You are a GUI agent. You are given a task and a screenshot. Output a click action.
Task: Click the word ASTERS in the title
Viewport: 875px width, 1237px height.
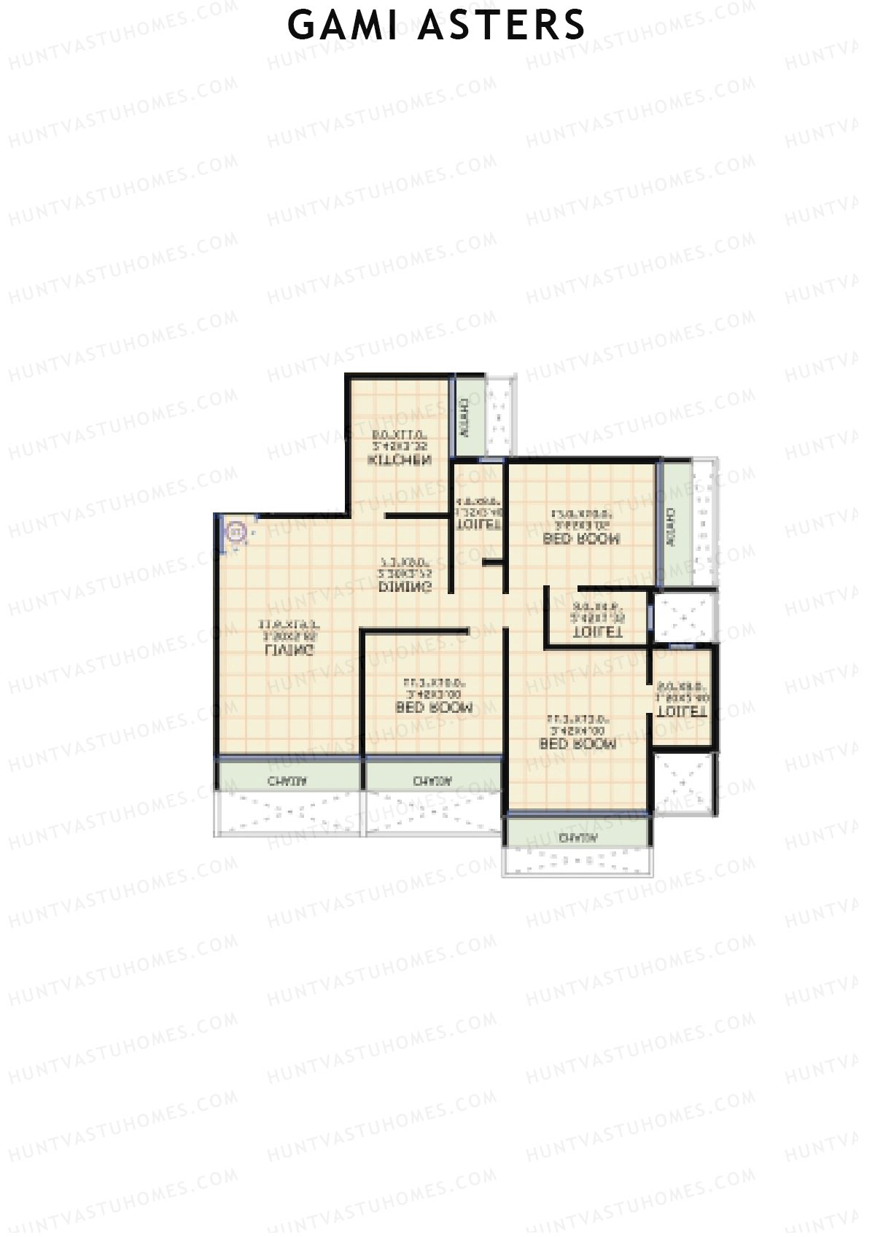(502, 25)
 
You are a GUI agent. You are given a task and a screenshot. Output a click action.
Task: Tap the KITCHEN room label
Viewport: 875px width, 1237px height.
(400, 461)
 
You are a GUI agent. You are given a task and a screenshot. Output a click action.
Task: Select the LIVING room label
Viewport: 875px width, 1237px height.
(290, 649)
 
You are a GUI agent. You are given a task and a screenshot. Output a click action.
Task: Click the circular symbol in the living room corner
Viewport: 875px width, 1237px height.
(236, 532)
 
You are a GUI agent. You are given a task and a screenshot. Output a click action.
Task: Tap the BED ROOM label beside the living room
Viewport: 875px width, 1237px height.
(434, 708)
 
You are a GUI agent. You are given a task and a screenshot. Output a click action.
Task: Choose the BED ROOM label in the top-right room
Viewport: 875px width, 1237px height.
(582, 539)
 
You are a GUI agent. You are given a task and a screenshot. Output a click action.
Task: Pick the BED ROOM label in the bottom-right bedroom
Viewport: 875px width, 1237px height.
(577, 744)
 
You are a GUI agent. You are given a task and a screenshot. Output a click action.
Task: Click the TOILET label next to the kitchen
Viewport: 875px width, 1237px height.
(478, 524)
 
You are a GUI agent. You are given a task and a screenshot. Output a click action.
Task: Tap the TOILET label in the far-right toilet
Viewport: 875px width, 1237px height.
(682, 712)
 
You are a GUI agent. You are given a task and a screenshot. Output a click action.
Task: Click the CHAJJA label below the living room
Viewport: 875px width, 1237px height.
(287, 781)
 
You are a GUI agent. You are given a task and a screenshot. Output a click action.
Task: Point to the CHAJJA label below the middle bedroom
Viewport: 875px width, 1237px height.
(432, 781)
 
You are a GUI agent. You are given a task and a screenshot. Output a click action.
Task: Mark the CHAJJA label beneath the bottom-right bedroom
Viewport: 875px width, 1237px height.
(578, 838)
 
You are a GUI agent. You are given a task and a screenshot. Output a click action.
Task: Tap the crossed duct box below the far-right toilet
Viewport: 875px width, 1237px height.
(683, 784)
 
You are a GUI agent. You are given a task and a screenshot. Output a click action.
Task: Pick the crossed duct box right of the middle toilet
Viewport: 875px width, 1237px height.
(683, 618)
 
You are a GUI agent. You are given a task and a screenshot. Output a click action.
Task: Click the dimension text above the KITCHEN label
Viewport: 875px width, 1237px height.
(399, 440)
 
